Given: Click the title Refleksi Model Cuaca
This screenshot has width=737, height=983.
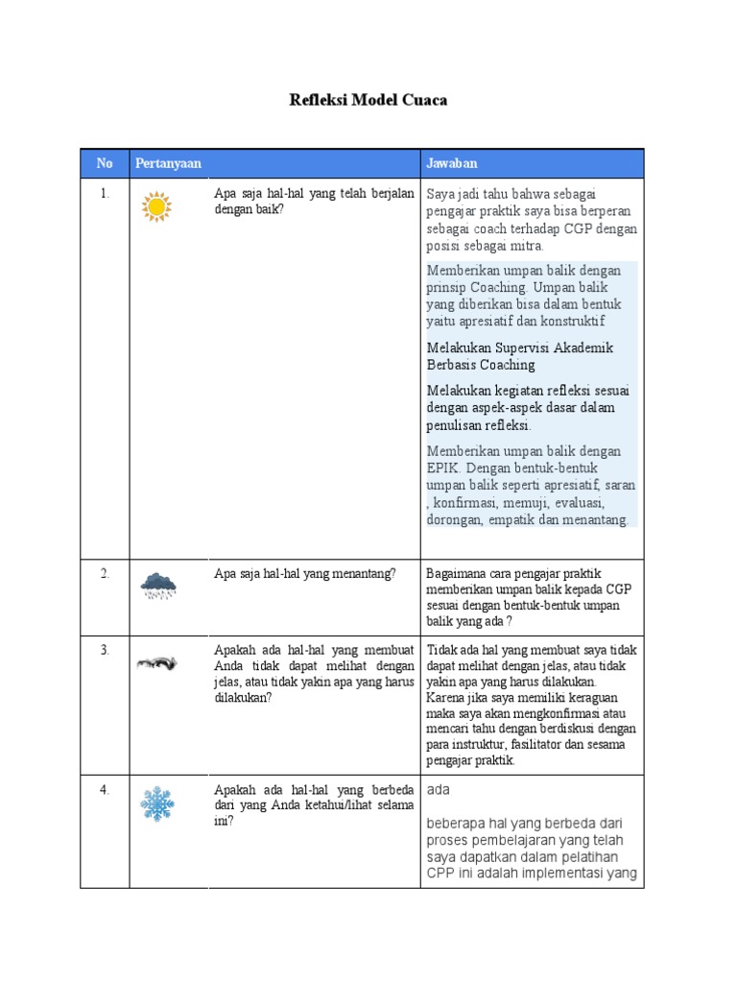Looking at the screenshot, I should tap(368, 100).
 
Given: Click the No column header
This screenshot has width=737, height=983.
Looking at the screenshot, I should tap(105, 163).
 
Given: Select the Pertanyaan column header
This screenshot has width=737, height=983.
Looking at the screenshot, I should tap(168, 163).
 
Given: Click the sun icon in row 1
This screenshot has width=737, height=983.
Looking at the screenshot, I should tap(155, 206).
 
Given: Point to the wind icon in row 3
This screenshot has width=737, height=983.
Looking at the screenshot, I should tap(155, 662).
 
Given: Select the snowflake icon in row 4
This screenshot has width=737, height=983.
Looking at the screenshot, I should tap(156, 803).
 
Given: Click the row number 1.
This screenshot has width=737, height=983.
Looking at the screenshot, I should tap(105, 193).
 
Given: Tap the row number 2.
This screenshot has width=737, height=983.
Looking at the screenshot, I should tap(105, 573).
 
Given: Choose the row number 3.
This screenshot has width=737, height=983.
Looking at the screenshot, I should tap(105, 650).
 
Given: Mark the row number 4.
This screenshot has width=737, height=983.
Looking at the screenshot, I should tap(105, 790).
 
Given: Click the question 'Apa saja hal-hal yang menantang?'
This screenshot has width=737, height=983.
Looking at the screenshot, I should tap(304, 573).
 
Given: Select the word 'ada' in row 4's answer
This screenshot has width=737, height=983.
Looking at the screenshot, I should tap(439, 789).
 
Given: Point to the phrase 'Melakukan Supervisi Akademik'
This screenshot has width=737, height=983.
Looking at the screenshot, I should tap(519, 348).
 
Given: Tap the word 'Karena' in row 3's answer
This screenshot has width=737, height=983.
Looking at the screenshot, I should tap(445, 699).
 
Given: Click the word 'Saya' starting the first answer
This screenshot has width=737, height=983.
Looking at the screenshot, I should tap(441, 195).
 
